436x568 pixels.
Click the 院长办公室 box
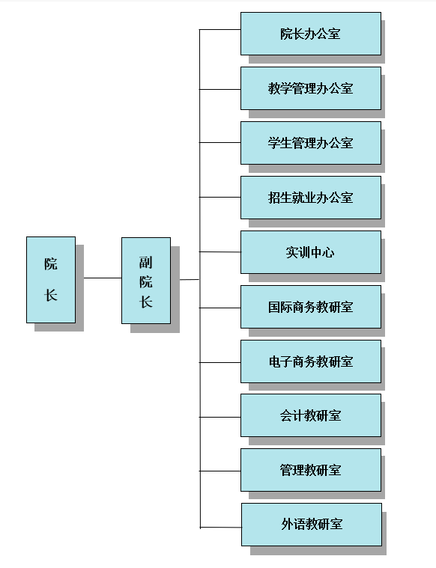click(x=311, y=34)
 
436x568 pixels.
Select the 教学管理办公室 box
click(x=311, y=88)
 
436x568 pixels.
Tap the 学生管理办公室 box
click(x=311, y=143)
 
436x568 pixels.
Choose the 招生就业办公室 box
click(x=311, y=198)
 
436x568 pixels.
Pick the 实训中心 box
click(x=311, y=252)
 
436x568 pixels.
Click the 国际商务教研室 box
click(x=311, y=307)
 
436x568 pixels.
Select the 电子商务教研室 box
click(x=311, y=361)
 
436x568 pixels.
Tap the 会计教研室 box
click(x=311, y=415)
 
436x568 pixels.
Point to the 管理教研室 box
click(x=311, y=470)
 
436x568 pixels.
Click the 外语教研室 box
click(x=312, y=525)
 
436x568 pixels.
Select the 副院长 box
click(x=146, y=281)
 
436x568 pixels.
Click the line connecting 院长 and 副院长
click(x=103, y=278)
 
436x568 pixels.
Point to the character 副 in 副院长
click(x=146, y=262)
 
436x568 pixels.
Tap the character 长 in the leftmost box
click(x=51, y=295)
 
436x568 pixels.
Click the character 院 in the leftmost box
click(x=51, y=263)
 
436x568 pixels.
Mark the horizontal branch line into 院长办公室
click(x=220, y=30)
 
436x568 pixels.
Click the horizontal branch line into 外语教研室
click(x=221, y=528)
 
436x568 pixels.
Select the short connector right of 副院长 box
click(x=190, y=280)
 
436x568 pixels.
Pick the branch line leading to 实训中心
click(x=220, y=251)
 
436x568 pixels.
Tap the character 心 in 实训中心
click(x=328, y=252)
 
